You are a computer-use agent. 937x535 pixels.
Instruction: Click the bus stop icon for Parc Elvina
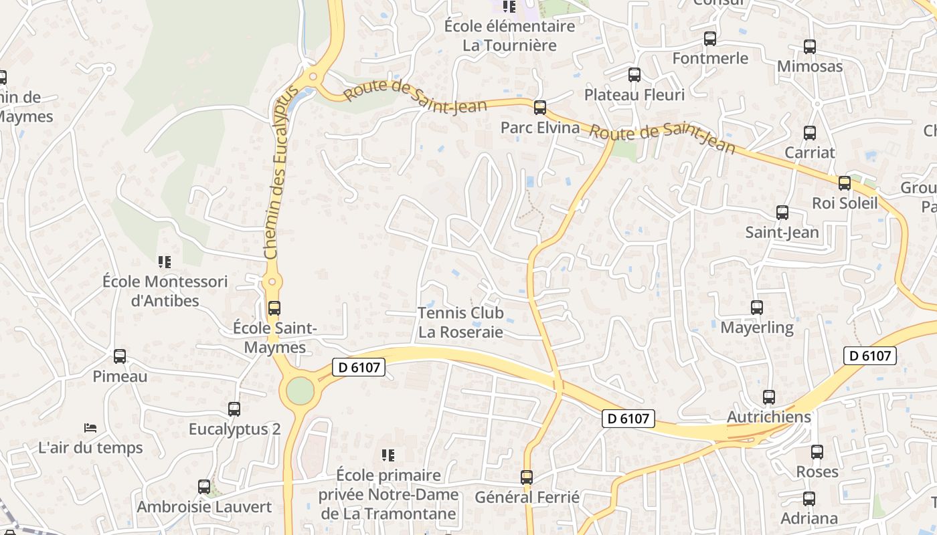pos(539,107)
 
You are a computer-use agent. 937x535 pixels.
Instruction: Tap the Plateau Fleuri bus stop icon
pos(634,75)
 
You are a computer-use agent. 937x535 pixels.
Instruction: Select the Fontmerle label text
pos(710,58)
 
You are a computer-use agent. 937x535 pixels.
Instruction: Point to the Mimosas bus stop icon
pos(810,47)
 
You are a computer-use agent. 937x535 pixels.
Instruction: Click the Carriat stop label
pos(810,152)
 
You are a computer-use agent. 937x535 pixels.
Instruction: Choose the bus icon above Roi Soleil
pos(845,183)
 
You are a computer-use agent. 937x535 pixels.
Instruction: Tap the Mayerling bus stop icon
pos(757,308)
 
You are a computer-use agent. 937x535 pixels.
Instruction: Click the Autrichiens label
pos(769,417)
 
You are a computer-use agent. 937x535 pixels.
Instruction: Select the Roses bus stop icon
pos(817,452)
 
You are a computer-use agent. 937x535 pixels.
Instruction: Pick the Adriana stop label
pos(809,518)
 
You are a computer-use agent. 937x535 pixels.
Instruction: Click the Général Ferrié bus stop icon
pos(527,477)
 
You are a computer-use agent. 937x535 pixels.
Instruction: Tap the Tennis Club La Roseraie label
pos(460,322)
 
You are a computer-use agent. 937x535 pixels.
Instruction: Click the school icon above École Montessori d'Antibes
pos(164,261)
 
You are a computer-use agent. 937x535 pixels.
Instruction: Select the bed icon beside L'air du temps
pos(90,427)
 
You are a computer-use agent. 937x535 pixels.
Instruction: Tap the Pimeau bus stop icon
pos(120,356)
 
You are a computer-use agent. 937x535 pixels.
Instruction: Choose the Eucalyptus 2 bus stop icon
pos(234,409)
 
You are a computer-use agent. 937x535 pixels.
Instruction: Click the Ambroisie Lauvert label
pos(204,507)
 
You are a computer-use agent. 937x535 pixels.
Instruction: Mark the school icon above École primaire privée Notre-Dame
pos(388,455)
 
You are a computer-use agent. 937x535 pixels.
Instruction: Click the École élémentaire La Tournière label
pos(510,36)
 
